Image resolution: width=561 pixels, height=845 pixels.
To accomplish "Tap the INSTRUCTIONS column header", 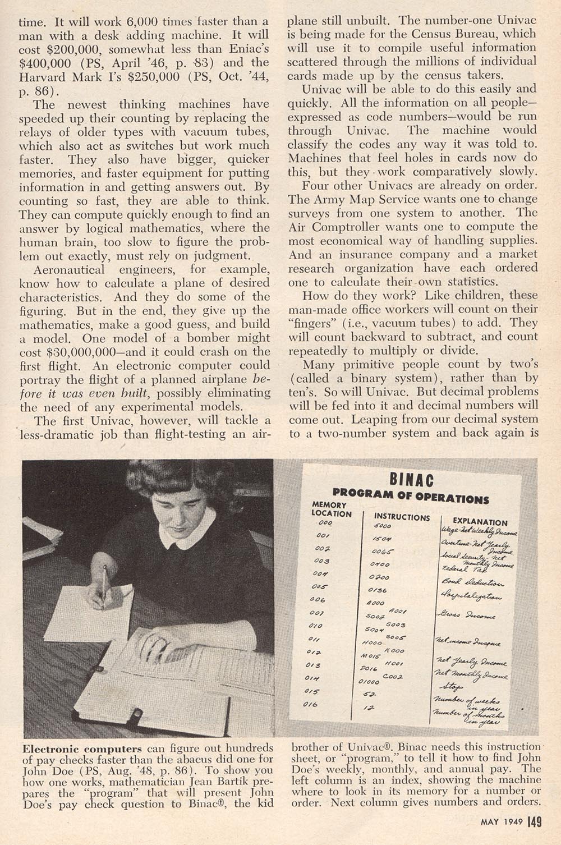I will (x=402, y=517).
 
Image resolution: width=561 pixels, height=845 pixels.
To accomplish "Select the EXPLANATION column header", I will (x=480, y=521).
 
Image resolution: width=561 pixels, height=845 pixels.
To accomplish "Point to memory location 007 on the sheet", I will (x=317, y=613).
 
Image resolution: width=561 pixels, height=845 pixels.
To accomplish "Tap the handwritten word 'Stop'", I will (x=453, y=687).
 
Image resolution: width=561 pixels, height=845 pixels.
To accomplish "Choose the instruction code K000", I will (x=394, y=651).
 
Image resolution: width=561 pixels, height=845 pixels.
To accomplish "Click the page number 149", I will (x=534, y=822).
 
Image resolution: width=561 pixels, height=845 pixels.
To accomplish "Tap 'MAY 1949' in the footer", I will (x=502, y=823).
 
